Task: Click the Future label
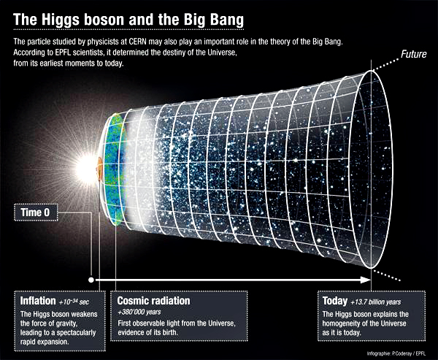[414, 54]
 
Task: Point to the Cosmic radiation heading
[154, 300]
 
